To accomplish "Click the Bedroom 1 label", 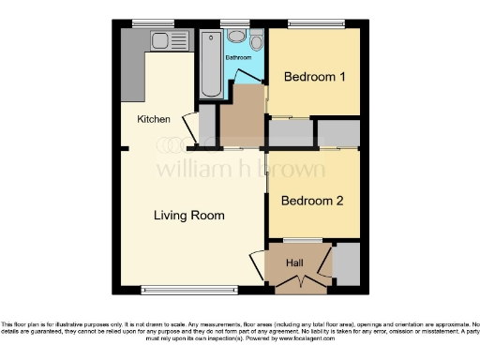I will pyautogui.click(x=310, y=77).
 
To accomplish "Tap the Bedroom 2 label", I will pyautogui.click(x=311, y=201).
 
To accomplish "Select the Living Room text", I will pyautogui.click(x=189, y=216).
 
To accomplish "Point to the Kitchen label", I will pyautogui.click(x=154, y=119).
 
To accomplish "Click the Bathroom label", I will pyautogui.click(x=238, y=58).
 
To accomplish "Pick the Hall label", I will pyautogui.click(x=295, y=263).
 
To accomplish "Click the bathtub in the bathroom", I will pyautogui.click(x=210, y=64).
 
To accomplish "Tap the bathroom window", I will pyautogui.click(x=234, y=22).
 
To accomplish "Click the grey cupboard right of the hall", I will pyautogui.click(x=346, y=263).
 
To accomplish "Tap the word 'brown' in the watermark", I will pyautogui.click(x=292, y=170).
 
